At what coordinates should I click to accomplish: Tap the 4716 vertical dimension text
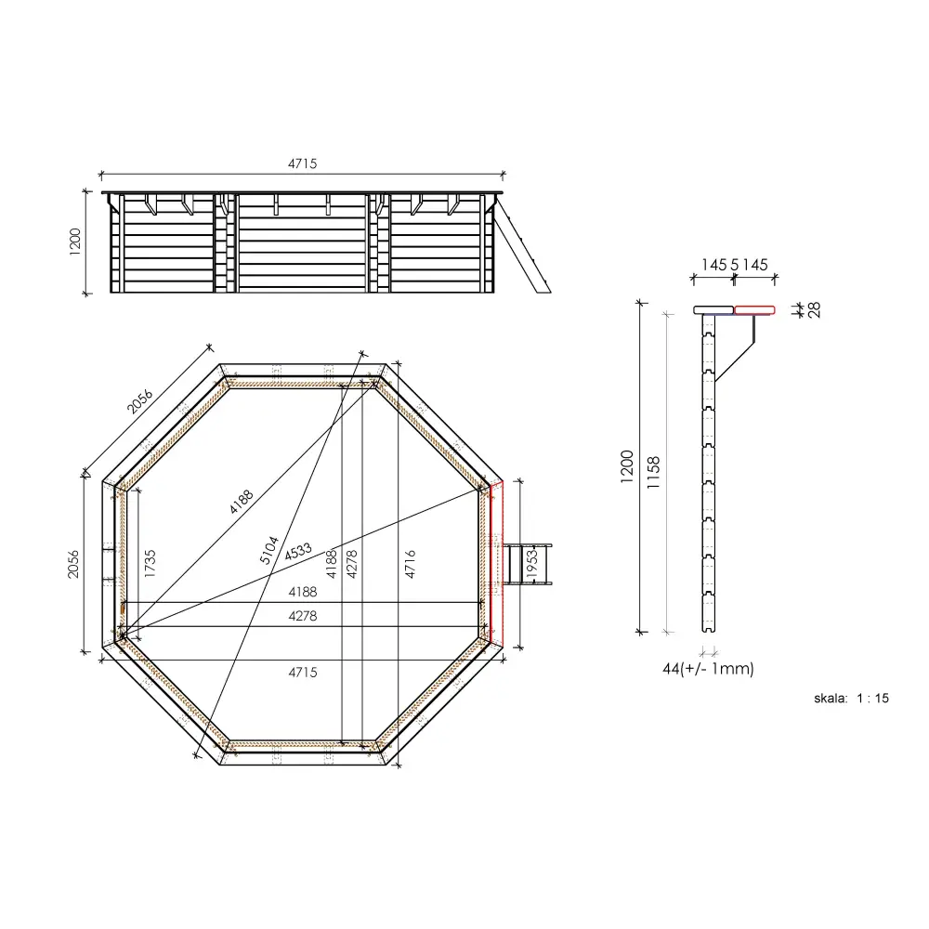click(410, 564)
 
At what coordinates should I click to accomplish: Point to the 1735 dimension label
click(150, 564)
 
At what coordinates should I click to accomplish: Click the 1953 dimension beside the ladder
click(531, 564)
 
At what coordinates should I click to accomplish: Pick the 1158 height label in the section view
click(654, 472)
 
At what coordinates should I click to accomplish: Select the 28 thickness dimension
click(815, 310)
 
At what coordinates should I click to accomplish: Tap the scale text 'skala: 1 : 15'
click(849, 699)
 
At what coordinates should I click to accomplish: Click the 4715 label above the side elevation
click(302, 164)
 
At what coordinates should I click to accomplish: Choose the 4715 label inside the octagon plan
click(302, 672)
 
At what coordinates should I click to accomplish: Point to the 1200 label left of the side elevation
click(76, 242)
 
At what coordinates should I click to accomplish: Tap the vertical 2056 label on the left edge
click(74, 564)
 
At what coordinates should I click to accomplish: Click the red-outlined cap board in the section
click(755, 310)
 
